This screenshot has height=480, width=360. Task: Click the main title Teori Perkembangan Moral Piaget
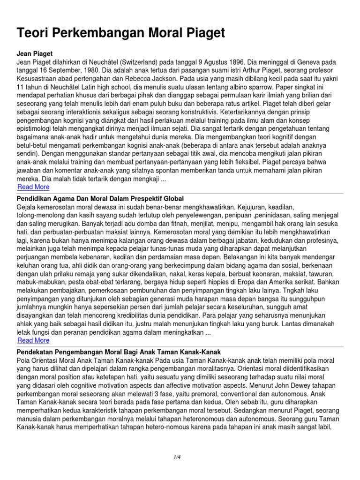[x=121, y=33]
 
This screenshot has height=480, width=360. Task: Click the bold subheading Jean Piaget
[x=34, y=54]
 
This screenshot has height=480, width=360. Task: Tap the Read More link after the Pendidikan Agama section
[x=33, y=340]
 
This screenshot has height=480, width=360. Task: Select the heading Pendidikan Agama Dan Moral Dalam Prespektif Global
[x=100, y=199]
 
